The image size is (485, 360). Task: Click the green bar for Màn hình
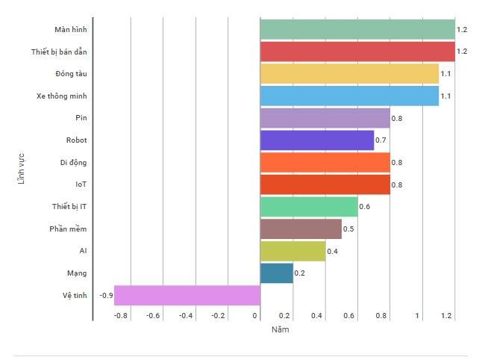[x=357, y=30]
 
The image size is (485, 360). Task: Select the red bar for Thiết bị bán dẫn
[x=357, y=52]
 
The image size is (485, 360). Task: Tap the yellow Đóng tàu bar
[x=349, y=74]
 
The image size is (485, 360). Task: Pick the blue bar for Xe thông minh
[x=349, y=96]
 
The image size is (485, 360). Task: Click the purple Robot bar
[x=317, y=140]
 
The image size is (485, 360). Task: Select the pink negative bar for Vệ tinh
[x=187, y=295]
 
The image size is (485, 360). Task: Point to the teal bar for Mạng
[x=277, y=273]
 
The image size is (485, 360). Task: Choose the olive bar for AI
[x=292, y=251]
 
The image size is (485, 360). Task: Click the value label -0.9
[x=106, y=296]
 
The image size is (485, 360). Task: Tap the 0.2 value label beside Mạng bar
[x=300, y=273]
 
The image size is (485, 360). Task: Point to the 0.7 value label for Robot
[x=381, y=140]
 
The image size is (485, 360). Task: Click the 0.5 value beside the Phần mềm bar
[x=348, y=229]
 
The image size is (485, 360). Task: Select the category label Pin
[x=82, y=118]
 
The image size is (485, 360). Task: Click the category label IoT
[x=81, y=184]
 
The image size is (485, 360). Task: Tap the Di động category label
[x=74, y=162]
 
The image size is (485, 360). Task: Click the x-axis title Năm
[x=279, y=329]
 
